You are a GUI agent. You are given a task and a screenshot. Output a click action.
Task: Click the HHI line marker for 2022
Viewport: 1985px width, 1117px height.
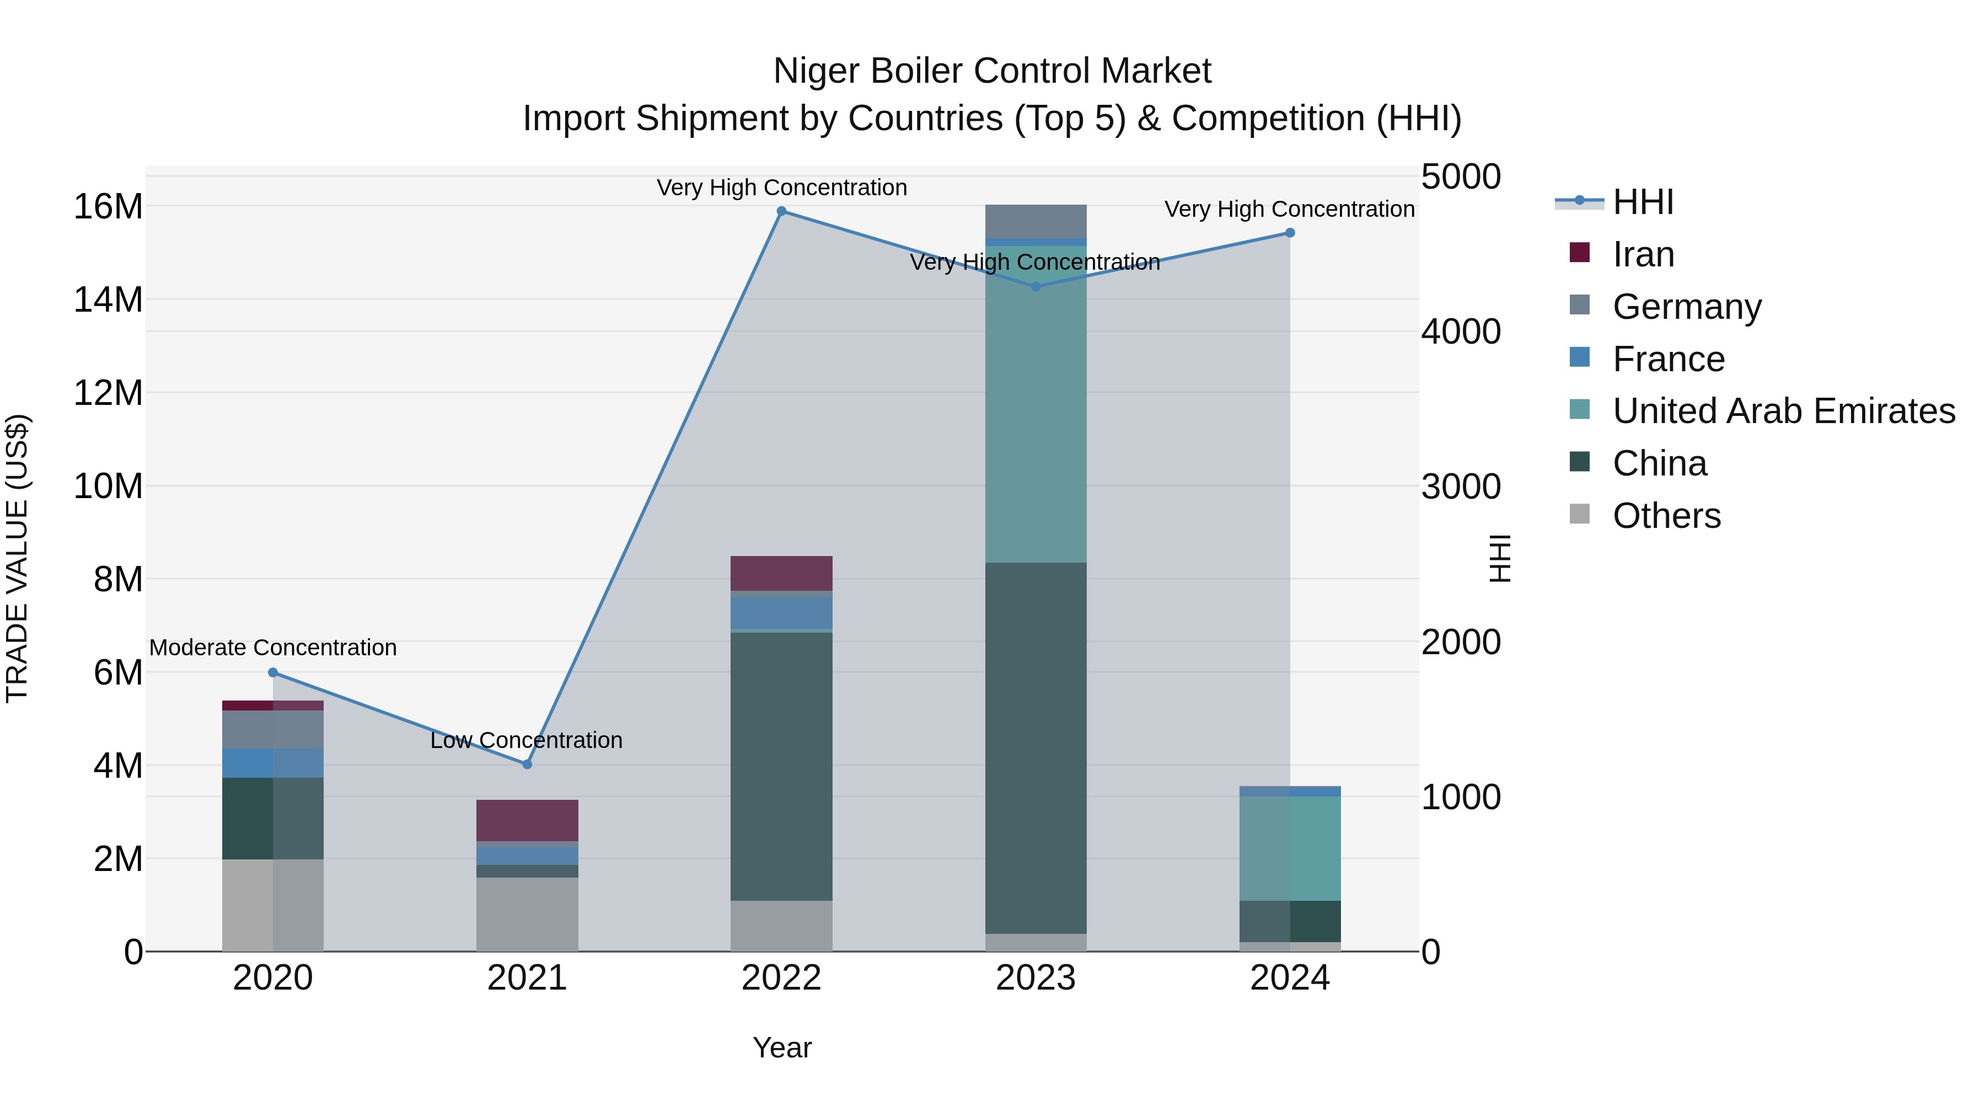[x=781, y=211]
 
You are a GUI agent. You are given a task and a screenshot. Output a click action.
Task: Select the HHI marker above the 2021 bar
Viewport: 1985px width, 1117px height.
[x=527, y=765]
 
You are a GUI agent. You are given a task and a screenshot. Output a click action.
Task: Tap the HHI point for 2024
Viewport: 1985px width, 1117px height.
[x=1290, y=233]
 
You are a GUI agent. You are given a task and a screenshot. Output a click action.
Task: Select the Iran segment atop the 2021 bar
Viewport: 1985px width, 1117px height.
[x=527, y=820]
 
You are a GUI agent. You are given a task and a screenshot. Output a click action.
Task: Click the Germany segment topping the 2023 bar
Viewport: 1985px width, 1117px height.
[x=1036, y=221]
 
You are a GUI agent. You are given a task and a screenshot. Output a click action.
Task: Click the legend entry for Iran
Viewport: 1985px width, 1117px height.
[x=1643, y=254]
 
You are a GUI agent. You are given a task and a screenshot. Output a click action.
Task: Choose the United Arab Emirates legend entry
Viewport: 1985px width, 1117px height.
[x=1783, y=411]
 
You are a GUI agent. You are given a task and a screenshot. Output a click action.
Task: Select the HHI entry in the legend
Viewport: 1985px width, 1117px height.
[x=1643, y=202]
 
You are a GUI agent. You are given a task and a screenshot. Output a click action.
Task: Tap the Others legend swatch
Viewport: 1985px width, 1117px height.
[x=1580, y=514]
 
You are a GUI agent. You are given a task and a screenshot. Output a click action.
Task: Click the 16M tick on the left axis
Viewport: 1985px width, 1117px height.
[x=108, y=207]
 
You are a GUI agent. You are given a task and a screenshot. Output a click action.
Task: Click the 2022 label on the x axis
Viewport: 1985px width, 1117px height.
[x=781, y=978]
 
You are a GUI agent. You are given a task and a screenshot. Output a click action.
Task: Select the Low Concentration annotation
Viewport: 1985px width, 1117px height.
[x=527, y=740]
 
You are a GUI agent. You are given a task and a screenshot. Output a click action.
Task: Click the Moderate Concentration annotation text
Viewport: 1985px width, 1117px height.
[x=273, y=648]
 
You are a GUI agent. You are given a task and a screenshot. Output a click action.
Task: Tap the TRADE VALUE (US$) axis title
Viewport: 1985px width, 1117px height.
[x=18, y=558]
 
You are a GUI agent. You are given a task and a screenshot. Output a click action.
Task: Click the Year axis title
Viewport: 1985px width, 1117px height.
[x=781, y=1047]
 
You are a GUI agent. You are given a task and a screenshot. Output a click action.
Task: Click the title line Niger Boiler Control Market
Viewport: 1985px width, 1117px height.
[x=992, y=71]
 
